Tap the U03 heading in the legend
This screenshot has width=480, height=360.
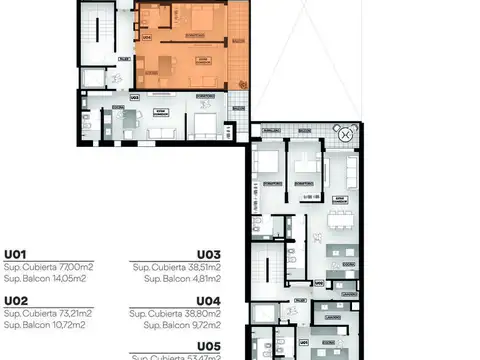(208, 254)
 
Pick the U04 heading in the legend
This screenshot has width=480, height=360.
(208, 299)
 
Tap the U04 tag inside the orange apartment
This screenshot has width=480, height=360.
(147, 37)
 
